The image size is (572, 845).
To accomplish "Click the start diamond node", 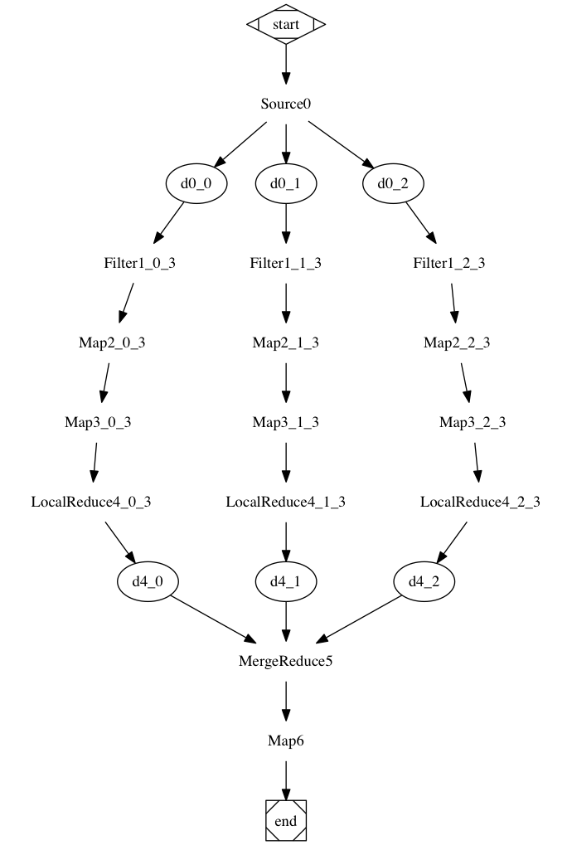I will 286,24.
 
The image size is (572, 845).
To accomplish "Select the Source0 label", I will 286,104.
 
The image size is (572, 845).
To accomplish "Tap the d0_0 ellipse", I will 197,184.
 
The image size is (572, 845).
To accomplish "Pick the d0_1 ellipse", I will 286,184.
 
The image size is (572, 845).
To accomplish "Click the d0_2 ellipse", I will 393,184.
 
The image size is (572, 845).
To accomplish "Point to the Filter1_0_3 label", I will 139,264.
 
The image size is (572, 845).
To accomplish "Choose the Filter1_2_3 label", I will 448,264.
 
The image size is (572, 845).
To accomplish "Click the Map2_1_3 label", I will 286,343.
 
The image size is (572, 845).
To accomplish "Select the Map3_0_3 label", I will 98,422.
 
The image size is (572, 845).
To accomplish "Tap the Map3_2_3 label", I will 473,422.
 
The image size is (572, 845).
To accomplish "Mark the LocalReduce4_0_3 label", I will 91,502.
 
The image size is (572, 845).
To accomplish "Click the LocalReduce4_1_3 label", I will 286,502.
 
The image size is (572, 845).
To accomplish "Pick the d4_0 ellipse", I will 149,581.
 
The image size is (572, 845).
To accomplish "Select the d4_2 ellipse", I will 423,581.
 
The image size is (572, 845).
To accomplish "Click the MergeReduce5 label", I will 286,661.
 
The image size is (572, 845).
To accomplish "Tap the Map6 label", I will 286,741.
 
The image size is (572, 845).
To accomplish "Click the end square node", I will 286,820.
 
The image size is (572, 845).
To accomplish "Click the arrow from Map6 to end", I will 286,779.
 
